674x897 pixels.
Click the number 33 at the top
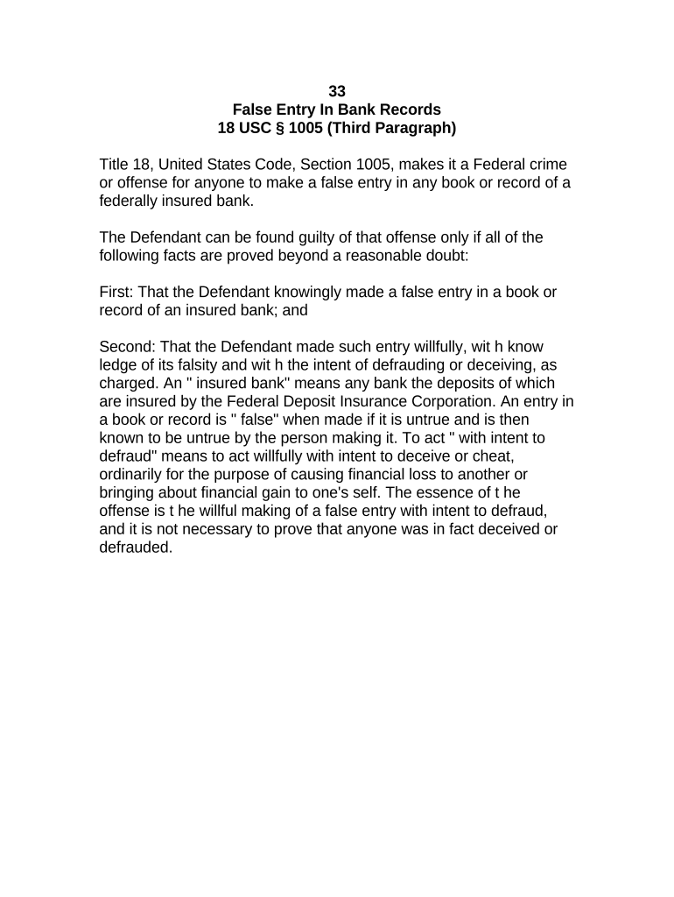336,91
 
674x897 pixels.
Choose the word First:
119,292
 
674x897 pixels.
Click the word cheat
511,456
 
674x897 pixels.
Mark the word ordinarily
134,475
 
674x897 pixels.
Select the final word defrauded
136,548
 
